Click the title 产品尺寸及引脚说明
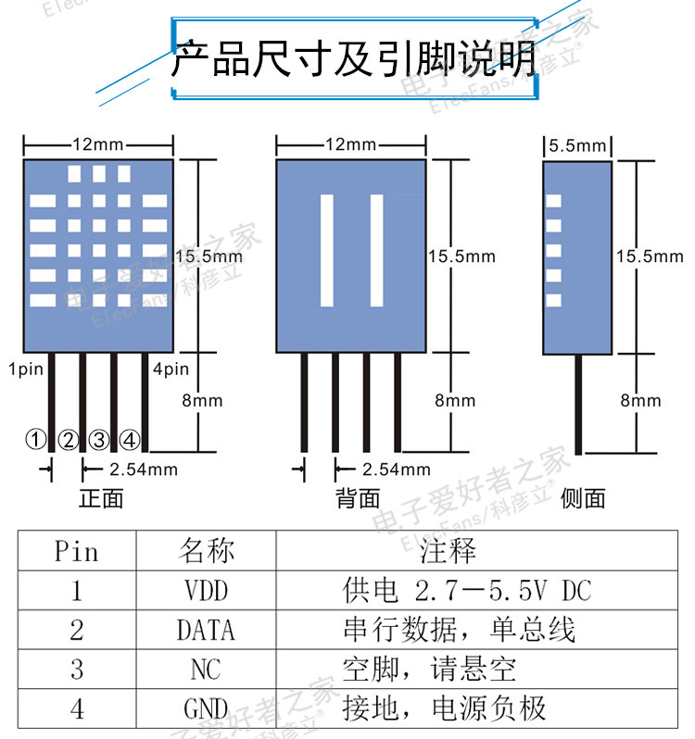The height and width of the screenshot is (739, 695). click(x=354, y=59)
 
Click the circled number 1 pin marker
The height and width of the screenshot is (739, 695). click(x=35, y=440)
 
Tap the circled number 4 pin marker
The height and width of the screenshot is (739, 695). click(x=131, y=440)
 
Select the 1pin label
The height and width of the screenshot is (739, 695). click(x=26, y=369)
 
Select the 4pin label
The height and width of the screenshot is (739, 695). click(x=171, y=369)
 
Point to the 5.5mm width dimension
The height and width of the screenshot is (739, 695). click(x=576, y=145)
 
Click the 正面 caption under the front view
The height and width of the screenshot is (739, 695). click(x=101, y=498)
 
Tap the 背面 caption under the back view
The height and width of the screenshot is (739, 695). click(x=358, y=498)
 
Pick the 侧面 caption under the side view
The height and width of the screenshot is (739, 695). click(x=584, y=498)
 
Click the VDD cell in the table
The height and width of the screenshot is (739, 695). click(x=206, y=591)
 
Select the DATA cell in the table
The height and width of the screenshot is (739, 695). click(x=206, y=631)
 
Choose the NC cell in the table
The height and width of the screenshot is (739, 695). click(x=206, y=670)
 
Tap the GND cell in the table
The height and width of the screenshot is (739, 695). click(x=206, y=709)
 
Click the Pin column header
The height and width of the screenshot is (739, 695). click(x=76, y=552)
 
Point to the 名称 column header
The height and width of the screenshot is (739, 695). click(x=206, y=552)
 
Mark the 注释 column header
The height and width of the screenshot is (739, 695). click(x=448, y=552)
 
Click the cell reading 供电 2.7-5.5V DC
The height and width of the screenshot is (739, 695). click(x=466, y=591)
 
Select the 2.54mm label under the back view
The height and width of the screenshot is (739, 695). click(x=396, y=470)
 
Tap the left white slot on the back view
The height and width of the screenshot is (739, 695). click(x=326, y=250)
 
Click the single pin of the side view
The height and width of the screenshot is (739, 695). click(x=579, y=404)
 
